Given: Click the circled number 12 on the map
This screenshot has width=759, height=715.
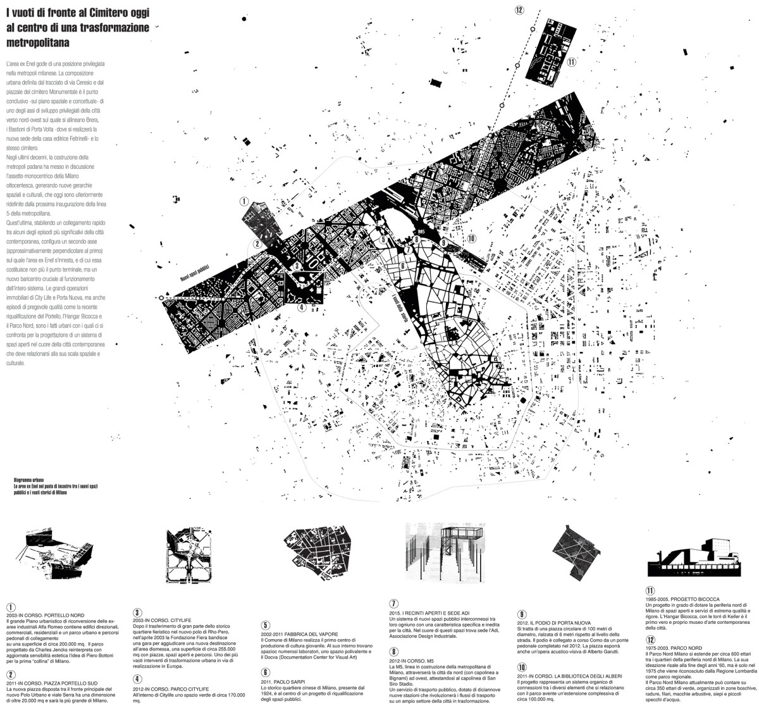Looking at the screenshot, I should click(x=519, y=9).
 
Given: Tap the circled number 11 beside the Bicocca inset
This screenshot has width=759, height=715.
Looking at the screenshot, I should click(x=571, y=62).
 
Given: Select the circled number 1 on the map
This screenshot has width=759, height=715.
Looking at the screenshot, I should click(x=244, y=202).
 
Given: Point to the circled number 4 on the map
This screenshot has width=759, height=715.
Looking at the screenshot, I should click(x=302, y=308).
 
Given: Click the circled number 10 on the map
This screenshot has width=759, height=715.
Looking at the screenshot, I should click(x=471, y=239).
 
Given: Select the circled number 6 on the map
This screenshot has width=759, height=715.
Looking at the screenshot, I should click(x=402, y=266).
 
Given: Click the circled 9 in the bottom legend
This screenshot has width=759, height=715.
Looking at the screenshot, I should click(x=521, y=614).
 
